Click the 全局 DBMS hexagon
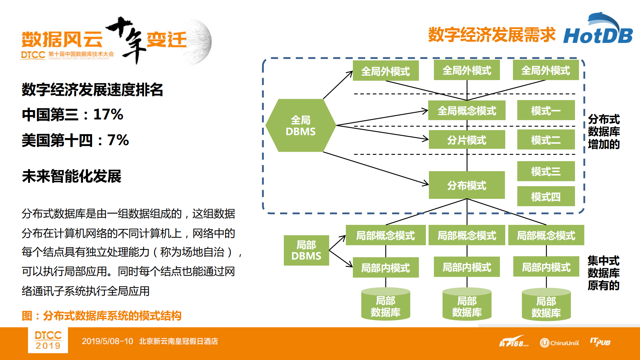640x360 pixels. tap(300, 125)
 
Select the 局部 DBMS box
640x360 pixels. tap(306, 250)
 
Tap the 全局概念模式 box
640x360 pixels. tap(467, 110)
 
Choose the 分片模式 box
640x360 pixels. tap(467, 140)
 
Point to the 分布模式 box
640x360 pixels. tap(467, 185)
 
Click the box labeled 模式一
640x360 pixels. tap(546, 110)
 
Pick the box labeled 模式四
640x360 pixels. tap(546, 197)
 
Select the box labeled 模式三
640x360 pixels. tap(546, 171)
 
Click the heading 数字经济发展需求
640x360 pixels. tap(492, 35)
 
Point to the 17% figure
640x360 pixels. tap(108, 114)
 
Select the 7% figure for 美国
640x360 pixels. tap(118, 140)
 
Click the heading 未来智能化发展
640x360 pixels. tap(71, 176)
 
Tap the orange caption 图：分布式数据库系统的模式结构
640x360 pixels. tap(101, 316)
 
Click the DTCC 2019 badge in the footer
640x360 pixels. tap(48, 340)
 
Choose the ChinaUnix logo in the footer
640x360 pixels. tap(559, 343)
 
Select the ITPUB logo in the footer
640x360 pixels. tap(600, 342)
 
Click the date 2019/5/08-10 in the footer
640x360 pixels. tap(107, 341)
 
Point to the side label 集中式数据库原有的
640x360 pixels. tap(603, 273)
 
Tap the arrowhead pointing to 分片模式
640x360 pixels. tap(426, 139)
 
